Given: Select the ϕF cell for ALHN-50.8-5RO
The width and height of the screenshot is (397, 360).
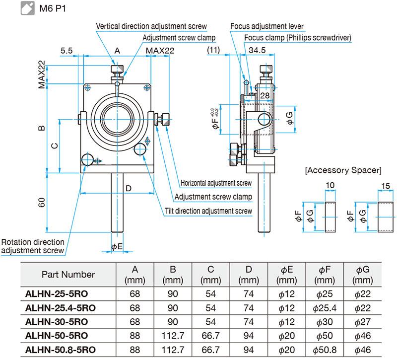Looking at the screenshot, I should (x=325, y=349).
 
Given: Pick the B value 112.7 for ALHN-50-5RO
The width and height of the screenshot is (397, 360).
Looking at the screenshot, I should (x=173, y=335).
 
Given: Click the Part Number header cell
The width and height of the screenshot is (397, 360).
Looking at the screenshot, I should (x=68, y=274).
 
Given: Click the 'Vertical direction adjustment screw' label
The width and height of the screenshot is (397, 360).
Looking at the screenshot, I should (x=151, y=26).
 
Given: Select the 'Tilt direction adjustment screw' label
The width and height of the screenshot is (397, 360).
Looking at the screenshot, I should (x=208, y=211).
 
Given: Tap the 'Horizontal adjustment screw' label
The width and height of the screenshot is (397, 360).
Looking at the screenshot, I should (x=216, y=183).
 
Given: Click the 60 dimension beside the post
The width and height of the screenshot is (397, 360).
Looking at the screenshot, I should (x=42, y=203).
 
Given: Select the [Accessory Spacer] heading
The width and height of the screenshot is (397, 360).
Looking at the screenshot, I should (x=343, y=170).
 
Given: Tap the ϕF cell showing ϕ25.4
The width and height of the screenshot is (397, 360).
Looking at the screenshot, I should (x=325, y=307).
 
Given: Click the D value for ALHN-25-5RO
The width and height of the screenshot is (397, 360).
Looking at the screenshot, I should (x=249, y=293).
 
